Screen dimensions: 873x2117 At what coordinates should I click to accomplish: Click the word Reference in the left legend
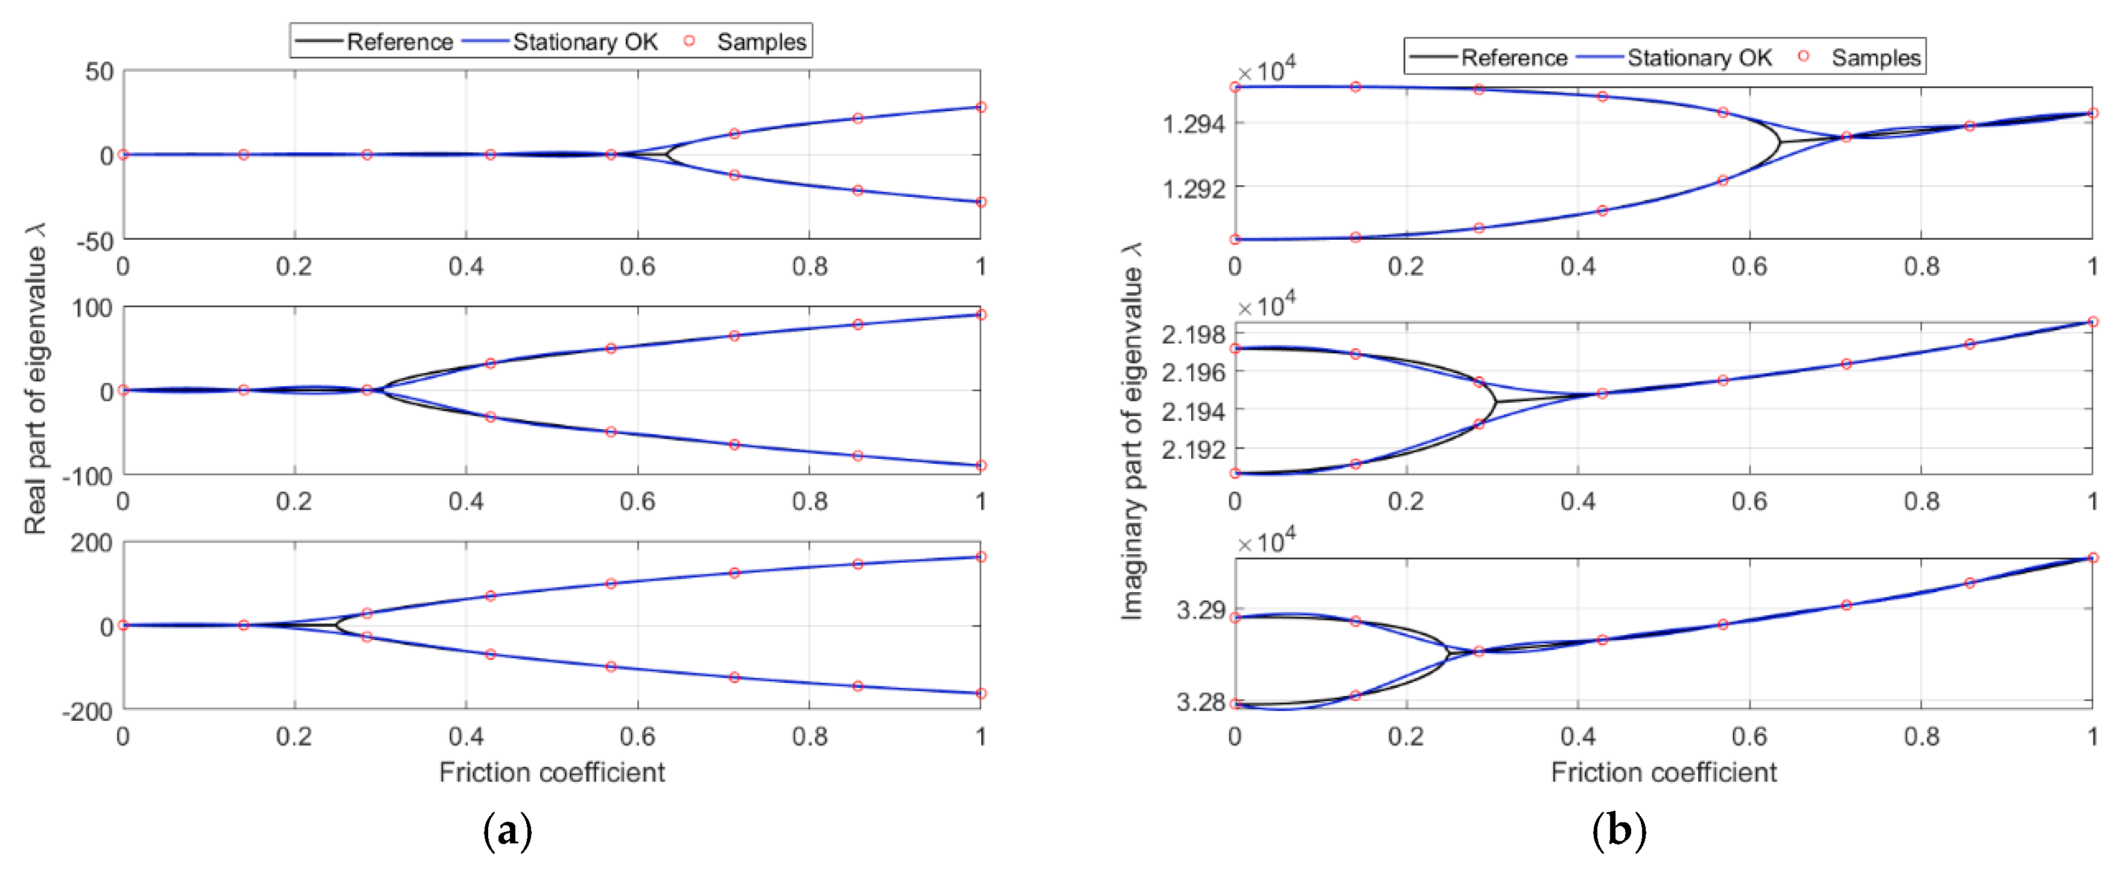click(400, 42)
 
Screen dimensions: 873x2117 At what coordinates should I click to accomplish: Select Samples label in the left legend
click(761, 42)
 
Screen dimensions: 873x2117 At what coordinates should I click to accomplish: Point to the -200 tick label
click(87, 710)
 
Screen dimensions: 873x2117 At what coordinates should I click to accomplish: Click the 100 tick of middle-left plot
click(92, 309)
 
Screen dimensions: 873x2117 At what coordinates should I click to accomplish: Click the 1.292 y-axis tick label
click(1192, 188)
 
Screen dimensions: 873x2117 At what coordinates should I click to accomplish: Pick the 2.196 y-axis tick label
click(1192, 373)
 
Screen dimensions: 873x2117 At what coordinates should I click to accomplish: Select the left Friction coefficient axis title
click(552, 772)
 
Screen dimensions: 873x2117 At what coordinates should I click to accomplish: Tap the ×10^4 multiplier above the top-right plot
click(1265, 71)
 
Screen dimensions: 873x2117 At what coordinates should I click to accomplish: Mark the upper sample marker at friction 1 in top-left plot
click(981, 107)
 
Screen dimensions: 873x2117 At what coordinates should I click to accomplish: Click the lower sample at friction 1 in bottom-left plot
click(981, 693)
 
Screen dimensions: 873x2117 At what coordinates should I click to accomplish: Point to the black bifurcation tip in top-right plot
click(1779, 143)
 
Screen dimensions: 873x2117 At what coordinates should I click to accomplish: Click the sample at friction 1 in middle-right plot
click(2092, 321)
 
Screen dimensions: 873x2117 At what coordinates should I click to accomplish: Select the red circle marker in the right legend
click(1803, 56)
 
